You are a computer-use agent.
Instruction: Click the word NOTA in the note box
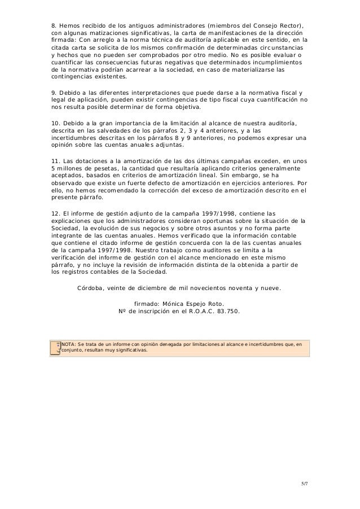[68, 343]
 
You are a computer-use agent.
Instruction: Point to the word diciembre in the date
[160, 287]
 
